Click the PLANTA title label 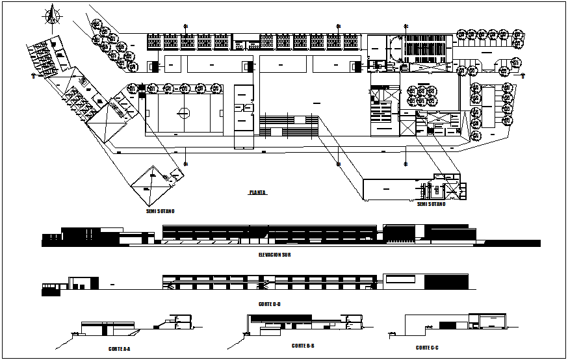point(258,192)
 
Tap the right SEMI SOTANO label point(432,204)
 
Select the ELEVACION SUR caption point(274,255)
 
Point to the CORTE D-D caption point(268,303)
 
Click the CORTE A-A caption point(120,349)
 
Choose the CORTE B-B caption point(303,346)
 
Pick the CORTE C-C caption point(427,348)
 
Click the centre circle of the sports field point(185,113)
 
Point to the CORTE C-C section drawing point(455,325)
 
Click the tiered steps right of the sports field point(288,125)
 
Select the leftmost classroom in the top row point(154,42)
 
